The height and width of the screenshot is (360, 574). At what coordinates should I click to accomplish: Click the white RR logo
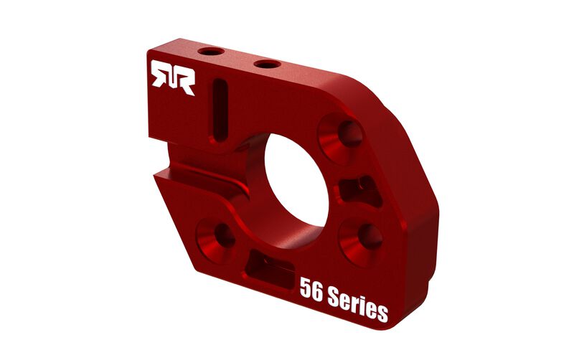(x=172, y=77)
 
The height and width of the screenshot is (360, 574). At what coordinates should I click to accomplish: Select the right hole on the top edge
(x=266, y=64)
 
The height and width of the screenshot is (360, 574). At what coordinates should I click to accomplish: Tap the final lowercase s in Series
(x=382, y=313)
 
